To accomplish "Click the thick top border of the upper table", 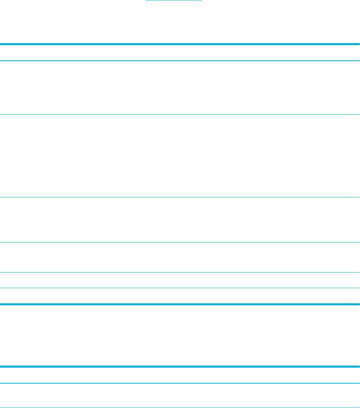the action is [x=180, y=44].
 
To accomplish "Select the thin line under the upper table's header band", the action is [x=180, y=61].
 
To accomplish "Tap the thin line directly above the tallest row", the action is [x=180, y=115].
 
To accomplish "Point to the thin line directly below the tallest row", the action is [x=180, y=197].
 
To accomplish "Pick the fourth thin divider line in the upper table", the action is [x=180, y=242].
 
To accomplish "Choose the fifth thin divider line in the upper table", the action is [x=180, y=273].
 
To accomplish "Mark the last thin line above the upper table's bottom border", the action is [x=180, y=288].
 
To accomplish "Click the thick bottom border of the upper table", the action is [x=180, y=304].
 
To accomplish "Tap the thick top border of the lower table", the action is [x=180, y=366].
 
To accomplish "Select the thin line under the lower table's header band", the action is [x=180, y=384].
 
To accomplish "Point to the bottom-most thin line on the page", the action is [x=180, y=407].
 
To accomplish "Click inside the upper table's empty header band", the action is [x=180, y=52].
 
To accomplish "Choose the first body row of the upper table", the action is [x=180, y=88].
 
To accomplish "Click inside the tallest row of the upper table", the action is [x=180, y=156].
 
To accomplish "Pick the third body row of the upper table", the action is [x=180, y=220].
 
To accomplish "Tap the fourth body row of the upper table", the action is [x=180, y=257].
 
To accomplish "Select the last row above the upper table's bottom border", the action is [x=180, y=296].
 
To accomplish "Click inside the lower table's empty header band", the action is [x=180, y=375].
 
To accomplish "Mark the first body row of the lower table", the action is [x=180, y=396].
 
